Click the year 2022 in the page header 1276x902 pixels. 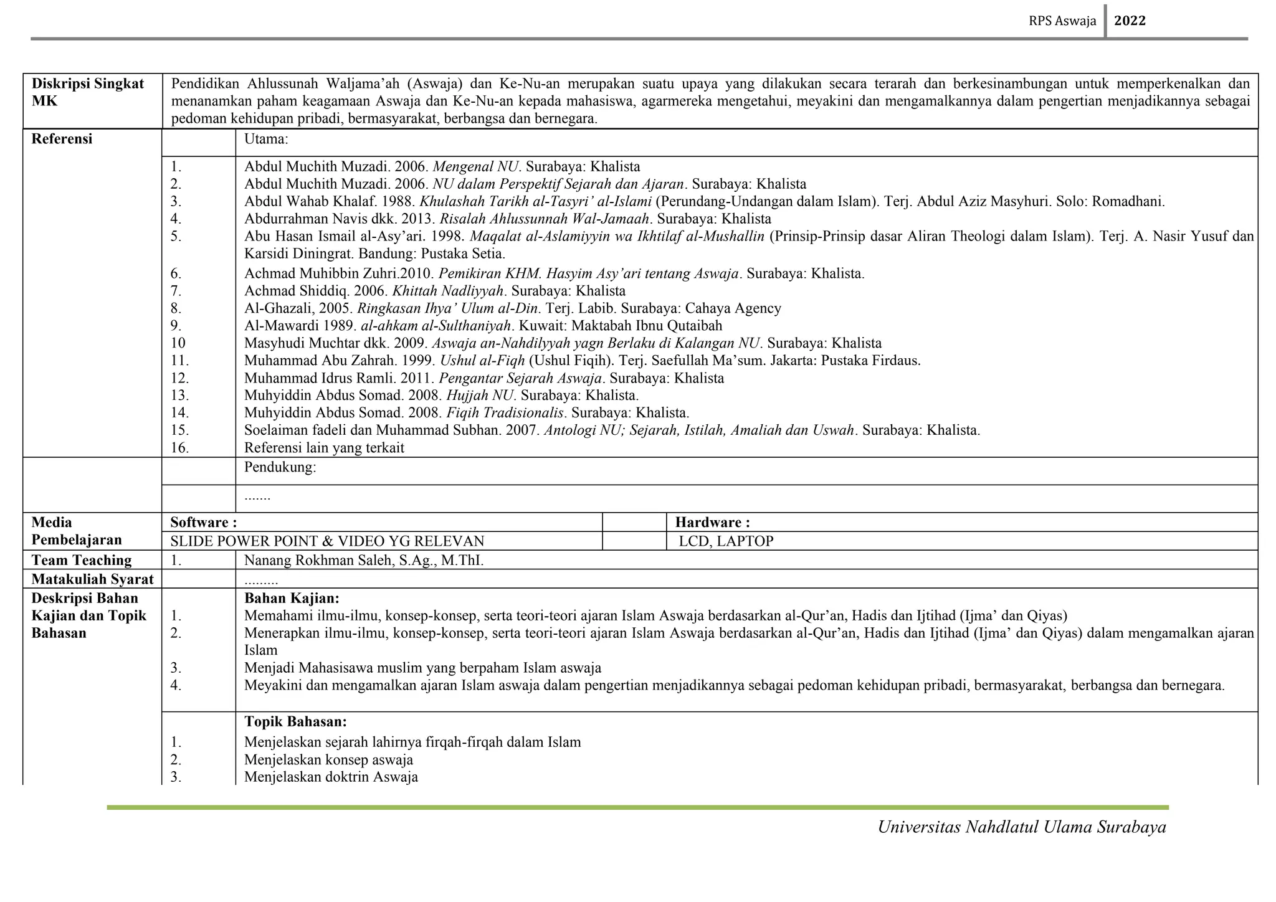point(1130,21)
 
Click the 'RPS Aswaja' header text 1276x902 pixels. point(1062,21)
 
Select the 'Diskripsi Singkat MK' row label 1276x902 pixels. point(88,92)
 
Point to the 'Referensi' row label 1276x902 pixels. point(62,139)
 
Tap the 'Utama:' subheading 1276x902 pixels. point(266,139)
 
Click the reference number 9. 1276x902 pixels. point(176,325)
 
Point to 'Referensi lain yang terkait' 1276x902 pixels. point(324,447)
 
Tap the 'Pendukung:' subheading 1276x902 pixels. point(280,467)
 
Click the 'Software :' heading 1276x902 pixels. point(204,522)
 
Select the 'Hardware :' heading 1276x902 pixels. point(712,522)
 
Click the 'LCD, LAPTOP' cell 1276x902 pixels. point(726,541)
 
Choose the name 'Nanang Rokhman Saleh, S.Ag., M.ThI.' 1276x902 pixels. point(364,560)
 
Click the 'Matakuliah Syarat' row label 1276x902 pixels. point(92,579)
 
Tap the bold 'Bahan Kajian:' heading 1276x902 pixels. point(292,598)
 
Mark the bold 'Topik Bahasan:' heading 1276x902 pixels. point(295,721)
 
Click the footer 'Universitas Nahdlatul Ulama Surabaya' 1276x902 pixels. point(1022,827)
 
